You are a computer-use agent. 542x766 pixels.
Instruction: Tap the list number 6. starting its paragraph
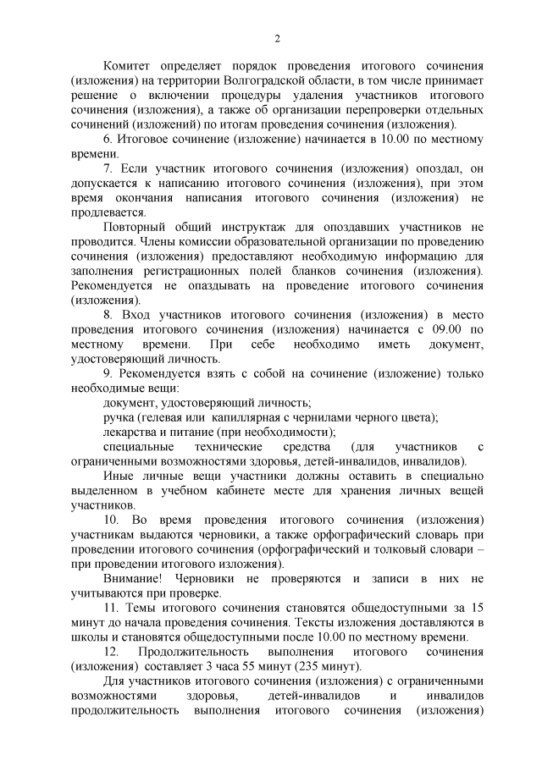click(108, 138)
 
